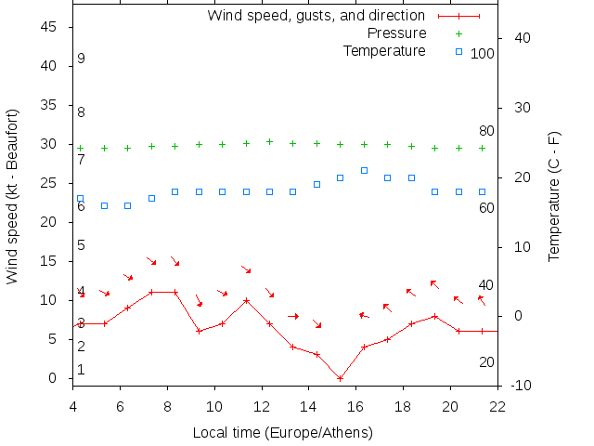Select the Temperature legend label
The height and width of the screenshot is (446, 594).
384,50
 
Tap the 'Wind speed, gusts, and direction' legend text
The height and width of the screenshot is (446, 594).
316,16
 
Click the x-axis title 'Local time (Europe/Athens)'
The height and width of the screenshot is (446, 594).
283,433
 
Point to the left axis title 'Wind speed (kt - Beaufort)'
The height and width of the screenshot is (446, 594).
12,196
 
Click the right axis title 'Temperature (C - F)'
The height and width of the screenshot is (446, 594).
554,196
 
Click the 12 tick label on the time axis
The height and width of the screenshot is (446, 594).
262,405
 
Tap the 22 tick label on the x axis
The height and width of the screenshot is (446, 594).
497,405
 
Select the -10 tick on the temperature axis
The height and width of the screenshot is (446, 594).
521,386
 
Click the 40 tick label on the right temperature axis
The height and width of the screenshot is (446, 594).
521,38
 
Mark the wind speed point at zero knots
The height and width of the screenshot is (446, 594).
340,378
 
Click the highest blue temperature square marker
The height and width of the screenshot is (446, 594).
364,171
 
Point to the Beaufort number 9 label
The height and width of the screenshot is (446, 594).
82,59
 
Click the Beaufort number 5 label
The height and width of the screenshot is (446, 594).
82,245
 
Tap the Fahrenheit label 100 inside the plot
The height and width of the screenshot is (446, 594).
483,54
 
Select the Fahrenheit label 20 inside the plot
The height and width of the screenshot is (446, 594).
486,361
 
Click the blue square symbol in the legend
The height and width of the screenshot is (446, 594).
458,51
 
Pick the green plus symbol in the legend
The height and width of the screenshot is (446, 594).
458,33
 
